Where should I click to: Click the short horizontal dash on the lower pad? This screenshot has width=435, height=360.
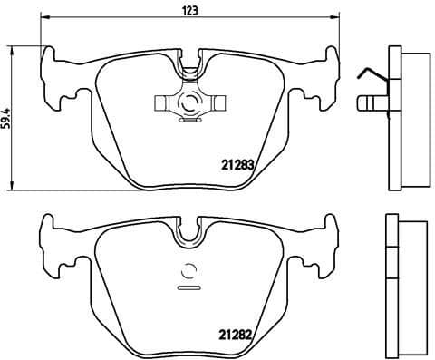(x=189, y=288)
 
